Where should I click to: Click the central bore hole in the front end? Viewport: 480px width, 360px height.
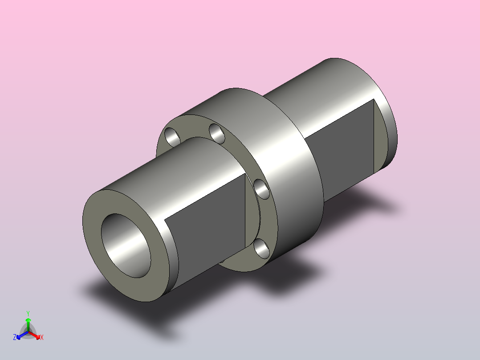(x=126, y=245)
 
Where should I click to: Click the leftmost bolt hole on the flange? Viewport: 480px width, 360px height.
(x=172, y=137)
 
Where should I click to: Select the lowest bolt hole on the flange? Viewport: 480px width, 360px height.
(x=262, y=248)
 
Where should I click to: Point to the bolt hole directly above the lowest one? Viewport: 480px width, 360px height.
(x=262, y=189)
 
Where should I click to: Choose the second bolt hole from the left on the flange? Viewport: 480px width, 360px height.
(x=217, y=133)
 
